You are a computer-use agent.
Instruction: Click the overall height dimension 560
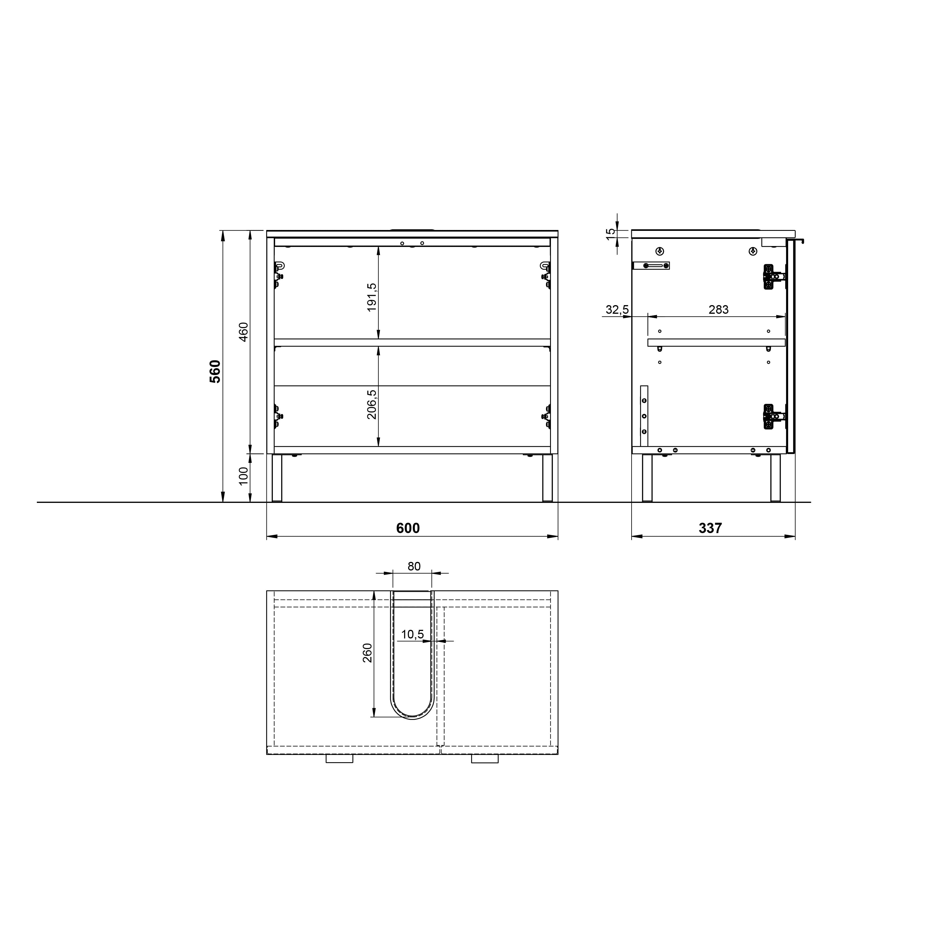coord(215,371)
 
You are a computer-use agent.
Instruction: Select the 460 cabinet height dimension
coord(244,332)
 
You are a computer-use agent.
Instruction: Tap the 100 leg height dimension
coord(244,476)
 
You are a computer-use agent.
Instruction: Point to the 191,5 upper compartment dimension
coord(372,297)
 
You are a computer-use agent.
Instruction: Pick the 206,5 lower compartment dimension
coord(372,404)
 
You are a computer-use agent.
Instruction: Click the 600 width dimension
coord(408,528)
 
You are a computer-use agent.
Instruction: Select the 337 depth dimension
coord(710,528)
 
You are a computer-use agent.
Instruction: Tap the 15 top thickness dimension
coord(611,234)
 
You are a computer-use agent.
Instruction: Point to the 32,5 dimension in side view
coord(617,310)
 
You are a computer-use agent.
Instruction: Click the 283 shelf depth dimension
coord(718,310)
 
